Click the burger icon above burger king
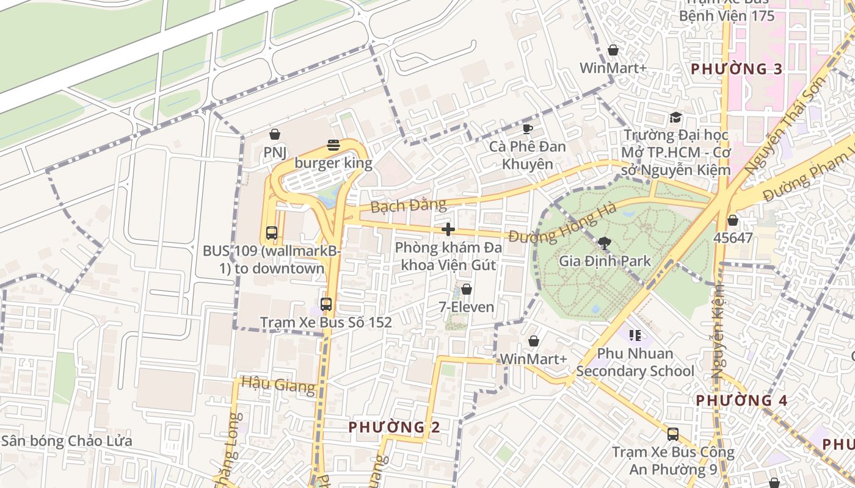click(x=333, y=145)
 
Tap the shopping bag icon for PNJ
click(x=275, y=134)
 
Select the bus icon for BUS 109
click(x=271, y=233)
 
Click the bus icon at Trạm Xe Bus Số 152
click(x=326, y=304)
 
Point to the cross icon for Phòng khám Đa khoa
click(x=448, y=229)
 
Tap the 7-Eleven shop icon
click(x=467, y=289)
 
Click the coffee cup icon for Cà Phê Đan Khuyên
click(x=528, y=128)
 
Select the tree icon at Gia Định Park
click(x=605, y=243)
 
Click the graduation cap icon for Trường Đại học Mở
click(x=675, y=117)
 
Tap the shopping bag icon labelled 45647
click(x=733, y=220)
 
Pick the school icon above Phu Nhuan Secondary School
click(x=635, y=335)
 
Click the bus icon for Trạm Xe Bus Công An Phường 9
click(x=672, y=434)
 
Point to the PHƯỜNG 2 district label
click(x=394, y=427)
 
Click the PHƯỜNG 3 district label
click(x=737, y=69)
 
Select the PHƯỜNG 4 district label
click(x=741, y=401)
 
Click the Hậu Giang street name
click(x=278, y=384)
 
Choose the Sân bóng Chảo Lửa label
click(x=66, y=440)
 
